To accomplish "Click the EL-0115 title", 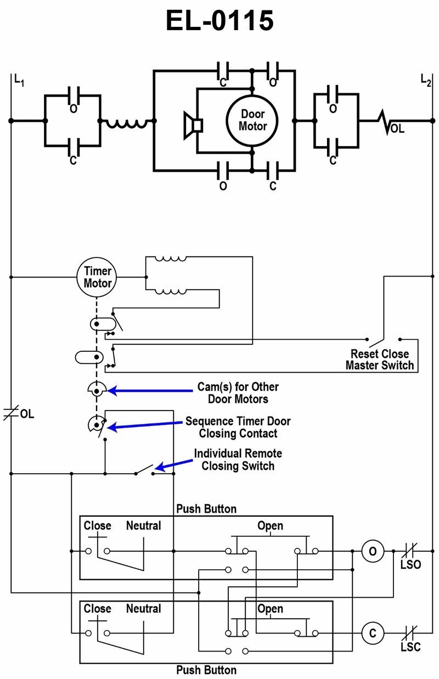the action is [x=219, y=21].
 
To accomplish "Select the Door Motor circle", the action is [x=252, y=120].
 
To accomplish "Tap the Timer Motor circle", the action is [x=97, y=277].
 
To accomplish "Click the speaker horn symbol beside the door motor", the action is [x=193, y=126].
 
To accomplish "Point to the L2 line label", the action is [x=426, y=80].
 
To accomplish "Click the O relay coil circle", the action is [x=373, y=551].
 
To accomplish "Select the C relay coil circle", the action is [x=373, y=633].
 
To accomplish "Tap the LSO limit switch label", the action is [x=410, y=564].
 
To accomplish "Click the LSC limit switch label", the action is [x=410, y=647].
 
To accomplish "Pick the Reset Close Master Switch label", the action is [x=380, y=359].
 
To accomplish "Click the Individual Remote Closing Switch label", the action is [x=238, y=459].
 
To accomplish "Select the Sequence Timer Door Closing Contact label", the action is [x=238, y=427].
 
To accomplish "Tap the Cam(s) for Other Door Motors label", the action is [x=238, y=392].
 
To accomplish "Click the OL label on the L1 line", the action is [x=27, y=414].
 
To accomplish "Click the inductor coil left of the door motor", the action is [x=127, y=124].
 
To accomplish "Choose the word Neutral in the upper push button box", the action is [x=143, y=526].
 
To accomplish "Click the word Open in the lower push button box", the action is [x=270, y=609].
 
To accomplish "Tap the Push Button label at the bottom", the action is [x=206, y=670].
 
